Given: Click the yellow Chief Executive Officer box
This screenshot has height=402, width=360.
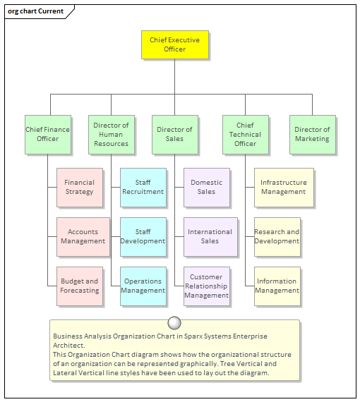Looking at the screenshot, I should [174, 44].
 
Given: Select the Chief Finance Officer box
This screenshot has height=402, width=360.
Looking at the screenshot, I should [47, 134].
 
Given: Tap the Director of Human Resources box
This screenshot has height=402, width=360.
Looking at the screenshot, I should [111, 134].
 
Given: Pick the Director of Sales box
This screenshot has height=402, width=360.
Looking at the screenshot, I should [174, 134].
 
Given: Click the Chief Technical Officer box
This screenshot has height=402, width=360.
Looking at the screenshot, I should [245, 134].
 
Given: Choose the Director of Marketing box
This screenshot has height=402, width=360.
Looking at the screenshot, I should [312, 134].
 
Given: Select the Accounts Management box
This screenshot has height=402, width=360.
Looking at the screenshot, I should [83, 236].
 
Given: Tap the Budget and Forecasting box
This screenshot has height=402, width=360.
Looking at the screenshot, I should [80, 286].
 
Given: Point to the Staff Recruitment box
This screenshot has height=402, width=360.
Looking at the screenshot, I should [143, 187].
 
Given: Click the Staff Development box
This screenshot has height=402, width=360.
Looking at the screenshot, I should [143, 236].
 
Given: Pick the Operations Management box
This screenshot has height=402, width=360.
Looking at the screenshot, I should [143, 286].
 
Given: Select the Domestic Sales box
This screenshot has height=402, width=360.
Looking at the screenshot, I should [207, 187].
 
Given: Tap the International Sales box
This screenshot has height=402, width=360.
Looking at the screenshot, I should [210, 236].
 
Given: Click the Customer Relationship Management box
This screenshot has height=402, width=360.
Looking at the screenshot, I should [207, 286].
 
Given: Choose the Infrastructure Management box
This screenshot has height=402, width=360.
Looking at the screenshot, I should [284, 187].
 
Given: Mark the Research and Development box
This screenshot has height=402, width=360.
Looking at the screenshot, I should [277, 236].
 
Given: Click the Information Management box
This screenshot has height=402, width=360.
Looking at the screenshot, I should [277, 286].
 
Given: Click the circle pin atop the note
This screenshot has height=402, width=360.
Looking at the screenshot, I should [174, 323].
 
